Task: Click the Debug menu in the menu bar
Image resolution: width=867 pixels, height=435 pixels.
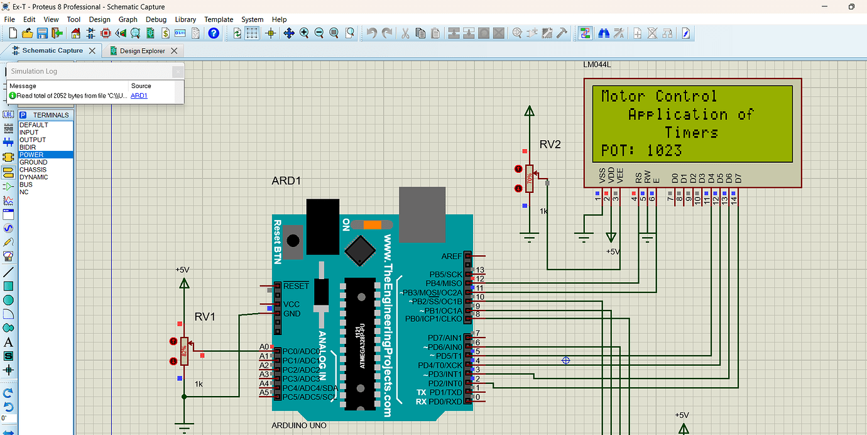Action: [x=156, y=19]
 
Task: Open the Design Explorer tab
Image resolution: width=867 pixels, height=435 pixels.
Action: [x=143, y=51]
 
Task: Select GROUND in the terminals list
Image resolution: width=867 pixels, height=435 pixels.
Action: [x=33, y=162]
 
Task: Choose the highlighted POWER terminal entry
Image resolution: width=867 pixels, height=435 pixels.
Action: [x=31, y=155]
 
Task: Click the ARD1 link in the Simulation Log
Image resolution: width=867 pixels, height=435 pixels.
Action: [x=139, y=96]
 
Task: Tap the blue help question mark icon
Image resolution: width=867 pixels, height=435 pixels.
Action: [x=214, y=33]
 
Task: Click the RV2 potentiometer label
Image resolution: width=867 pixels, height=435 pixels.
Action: [x=550, y=145]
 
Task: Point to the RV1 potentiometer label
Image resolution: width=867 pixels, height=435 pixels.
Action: [x=205, y=317]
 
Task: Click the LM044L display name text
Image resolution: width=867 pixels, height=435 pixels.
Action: [x=597, y=65]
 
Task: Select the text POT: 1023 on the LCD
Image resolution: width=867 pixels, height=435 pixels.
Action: [x=641, y=151]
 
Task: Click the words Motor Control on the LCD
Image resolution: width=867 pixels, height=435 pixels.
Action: [x=658, y=96]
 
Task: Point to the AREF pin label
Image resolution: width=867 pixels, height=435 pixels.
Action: [x=452, y=256]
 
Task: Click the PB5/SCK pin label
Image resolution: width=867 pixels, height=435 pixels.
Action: [x=445, y=275]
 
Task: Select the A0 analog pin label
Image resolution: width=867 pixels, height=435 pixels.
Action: [x=264, y=347]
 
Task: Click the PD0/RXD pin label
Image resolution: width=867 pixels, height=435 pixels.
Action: [x=445, y=401]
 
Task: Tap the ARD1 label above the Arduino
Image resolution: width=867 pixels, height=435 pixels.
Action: [x=286, y=181]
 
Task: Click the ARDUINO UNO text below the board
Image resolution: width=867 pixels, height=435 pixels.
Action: [x=299, y=426]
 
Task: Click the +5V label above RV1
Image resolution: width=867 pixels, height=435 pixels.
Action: [x=182, y=270]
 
